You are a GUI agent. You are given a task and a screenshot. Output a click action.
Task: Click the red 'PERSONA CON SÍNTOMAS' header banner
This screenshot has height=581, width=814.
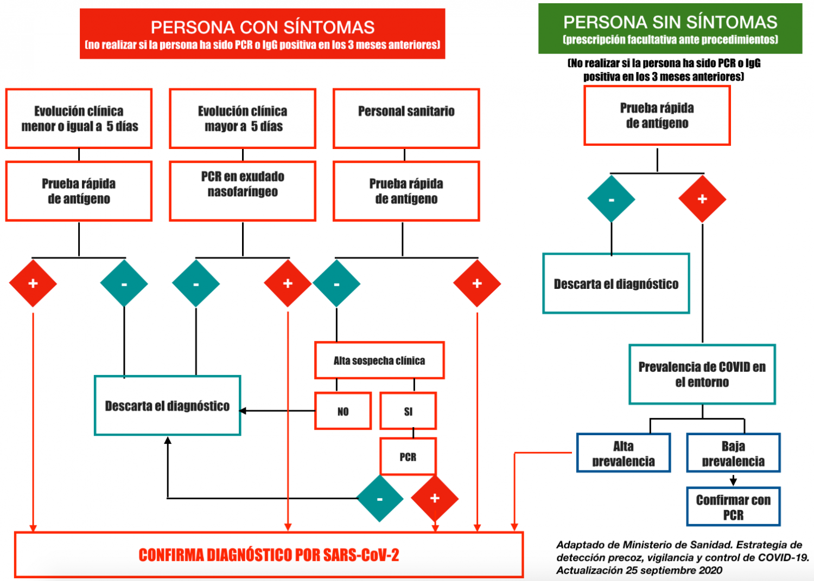click(262, 34)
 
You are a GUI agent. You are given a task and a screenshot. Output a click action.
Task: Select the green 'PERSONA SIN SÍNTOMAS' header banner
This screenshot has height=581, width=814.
click(670, 29)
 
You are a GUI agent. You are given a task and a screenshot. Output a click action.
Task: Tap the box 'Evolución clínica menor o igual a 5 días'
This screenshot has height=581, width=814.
click(79, 119)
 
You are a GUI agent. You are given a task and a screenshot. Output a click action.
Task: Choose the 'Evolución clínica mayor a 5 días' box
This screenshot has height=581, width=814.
click(243, 119)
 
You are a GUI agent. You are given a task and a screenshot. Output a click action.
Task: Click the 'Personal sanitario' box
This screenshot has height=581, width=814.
click(406, 119)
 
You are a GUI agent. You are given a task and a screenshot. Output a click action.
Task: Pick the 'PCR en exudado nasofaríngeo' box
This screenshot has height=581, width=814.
click(243, 191)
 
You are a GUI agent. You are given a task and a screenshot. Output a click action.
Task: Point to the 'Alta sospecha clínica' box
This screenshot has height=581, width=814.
click(379, 360)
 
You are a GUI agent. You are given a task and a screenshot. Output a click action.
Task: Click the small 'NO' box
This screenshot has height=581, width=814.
click(343, 411)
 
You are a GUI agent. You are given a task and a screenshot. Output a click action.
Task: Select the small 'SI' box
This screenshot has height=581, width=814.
click(408, 411)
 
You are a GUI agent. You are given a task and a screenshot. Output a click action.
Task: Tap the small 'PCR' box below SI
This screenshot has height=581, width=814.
click(408, 457)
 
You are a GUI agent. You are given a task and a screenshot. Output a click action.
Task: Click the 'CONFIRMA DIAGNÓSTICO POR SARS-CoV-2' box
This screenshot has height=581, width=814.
click(269, 555)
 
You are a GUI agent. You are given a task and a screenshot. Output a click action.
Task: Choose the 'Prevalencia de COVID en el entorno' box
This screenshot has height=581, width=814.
click(702, 375)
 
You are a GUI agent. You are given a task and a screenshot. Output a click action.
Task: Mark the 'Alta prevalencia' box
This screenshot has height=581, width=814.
click(624, 453)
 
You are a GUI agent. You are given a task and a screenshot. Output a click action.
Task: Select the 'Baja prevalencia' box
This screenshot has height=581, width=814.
click(733, 453)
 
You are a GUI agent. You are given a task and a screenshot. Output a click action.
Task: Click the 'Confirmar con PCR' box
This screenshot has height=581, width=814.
click(733, 507)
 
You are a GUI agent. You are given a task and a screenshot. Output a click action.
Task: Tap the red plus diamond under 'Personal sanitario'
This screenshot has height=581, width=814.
click(477, 283)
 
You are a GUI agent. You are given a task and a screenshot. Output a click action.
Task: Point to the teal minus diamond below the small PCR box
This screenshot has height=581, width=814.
click(380, 499)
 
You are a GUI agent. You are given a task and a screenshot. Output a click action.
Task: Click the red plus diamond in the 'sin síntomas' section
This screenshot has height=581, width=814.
click(702, 199)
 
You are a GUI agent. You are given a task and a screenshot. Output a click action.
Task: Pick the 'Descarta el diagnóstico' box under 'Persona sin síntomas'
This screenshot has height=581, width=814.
click(616, 283)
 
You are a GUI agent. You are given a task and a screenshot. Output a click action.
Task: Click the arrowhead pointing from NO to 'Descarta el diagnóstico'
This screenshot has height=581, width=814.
click(243, 411)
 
